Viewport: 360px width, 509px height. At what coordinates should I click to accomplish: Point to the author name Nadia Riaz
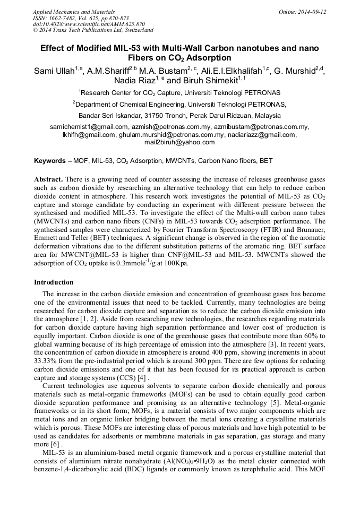(x=133, y=81)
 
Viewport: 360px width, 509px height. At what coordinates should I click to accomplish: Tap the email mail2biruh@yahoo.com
(x=179, y=142)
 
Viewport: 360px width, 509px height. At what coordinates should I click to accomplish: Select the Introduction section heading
(x=54, y=282)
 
